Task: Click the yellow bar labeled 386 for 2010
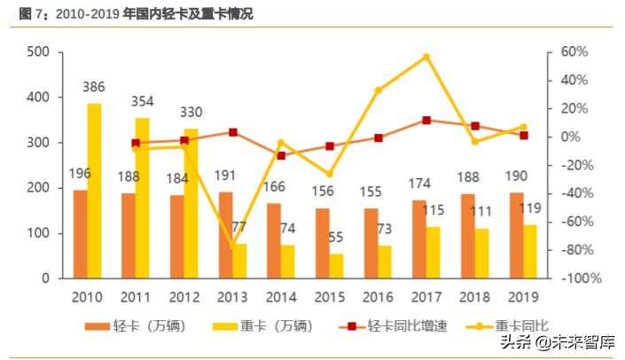(x=94, y=191)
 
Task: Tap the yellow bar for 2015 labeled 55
(x=337, y=266)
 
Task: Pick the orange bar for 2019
(x=516, y=235)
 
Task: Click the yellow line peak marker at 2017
(x=426, y=57)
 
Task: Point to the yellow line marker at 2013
(x=232, y=246)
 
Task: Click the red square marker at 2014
(x=281, y=155)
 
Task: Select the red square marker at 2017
(x=426, y=121)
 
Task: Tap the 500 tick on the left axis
(x=37, y=52)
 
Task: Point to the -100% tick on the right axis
(x=582, y=278)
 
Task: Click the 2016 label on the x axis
(x=377, y=296)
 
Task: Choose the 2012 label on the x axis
(x=184, y=296)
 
